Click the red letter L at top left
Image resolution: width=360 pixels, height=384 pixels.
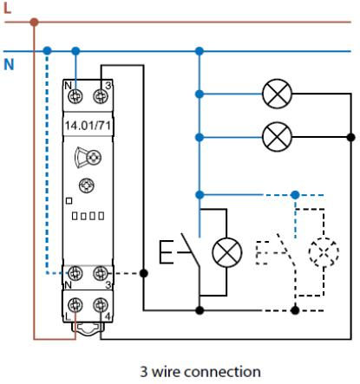(8, 8)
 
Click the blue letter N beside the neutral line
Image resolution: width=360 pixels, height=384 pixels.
(9, 64)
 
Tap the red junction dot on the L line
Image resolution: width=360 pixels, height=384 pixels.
(34, 22)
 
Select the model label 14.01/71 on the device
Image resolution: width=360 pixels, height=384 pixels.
(88, 126)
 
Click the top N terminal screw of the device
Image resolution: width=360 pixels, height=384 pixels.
(75, 96)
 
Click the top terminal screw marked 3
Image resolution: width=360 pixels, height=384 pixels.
(101, 96)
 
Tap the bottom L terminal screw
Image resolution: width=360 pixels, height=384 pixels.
(75, 305)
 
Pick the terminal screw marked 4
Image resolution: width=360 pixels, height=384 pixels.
(101, 305)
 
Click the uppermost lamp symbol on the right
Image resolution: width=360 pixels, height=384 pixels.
(277, 94)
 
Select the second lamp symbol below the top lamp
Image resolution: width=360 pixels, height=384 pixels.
(277, 137)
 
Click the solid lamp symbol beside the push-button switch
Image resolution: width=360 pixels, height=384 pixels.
(226, 252)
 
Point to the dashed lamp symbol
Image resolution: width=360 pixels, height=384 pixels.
(324, 252)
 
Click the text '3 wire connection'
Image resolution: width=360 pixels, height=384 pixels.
(200, 372)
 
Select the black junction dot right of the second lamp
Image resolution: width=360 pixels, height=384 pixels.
(350, 137)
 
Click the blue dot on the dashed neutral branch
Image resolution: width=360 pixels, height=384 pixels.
(295, 195)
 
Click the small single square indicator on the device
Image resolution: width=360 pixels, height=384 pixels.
(69, 201)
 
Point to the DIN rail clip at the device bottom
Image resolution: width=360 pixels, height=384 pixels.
(88, 329)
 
